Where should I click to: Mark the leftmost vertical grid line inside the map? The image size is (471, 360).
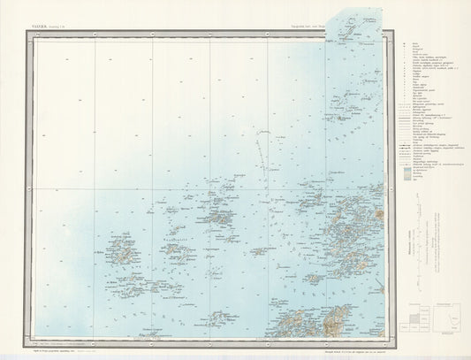[x=94, y=186]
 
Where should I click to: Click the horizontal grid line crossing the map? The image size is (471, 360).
[x=203, y=189]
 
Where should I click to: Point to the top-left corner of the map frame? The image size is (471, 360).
[x=35, y=36]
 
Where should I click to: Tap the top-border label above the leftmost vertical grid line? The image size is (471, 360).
[x=94, y=34]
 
